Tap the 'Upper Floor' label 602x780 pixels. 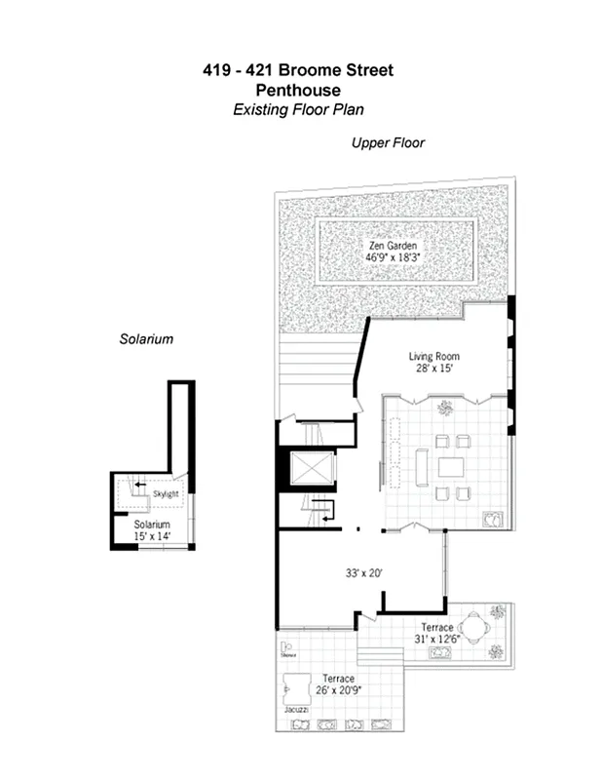pyautogui.click(x=388, y=143)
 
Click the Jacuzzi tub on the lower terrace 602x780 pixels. pyautogui.click(x=295, y=689)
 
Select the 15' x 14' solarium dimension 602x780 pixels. pyautogui.click(x=151, y=536)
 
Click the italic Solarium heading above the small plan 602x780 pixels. pyautogui.click(x=146, y=339)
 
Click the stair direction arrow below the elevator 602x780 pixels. pyautogui.click(x=327, y=506)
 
